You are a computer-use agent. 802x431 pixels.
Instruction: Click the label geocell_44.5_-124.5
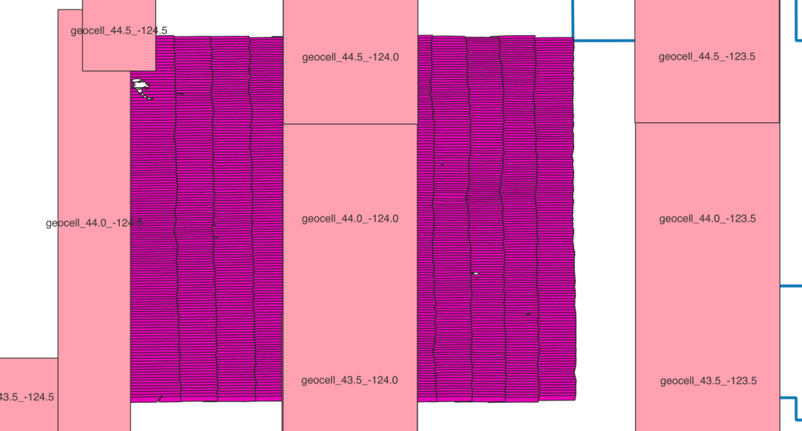coord(119,31)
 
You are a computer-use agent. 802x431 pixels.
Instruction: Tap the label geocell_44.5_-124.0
coord(350,57)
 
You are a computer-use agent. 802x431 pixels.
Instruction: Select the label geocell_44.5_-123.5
coord(707,57)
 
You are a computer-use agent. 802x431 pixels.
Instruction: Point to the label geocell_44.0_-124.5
coord(94,223)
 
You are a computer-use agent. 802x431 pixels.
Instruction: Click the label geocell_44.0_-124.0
coord(350,219)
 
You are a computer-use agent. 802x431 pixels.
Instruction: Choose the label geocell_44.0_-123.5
coord(707,219)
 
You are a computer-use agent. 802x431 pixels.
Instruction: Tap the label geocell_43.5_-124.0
coord(349,380)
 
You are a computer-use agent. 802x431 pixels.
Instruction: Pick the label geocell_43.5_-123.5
coord(708,381)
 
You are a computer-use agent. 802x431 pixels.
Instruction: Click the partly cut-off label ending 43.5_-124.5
coord(27,397)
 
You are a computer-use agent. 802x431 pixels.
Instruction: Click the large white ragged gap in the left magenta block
coord(141,88)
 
